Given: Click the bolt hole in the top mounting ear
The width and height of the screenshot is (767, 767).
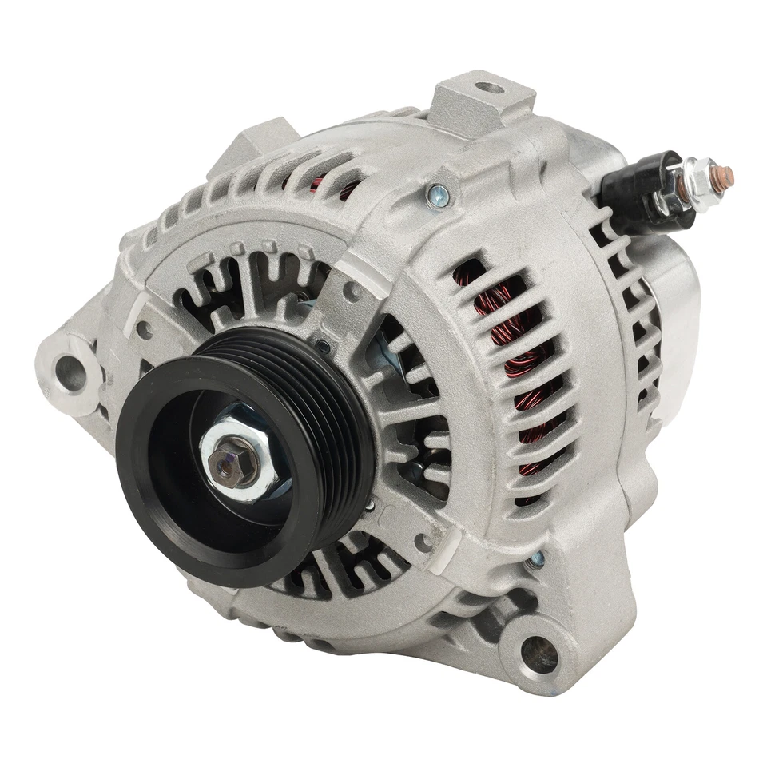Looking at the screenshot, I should pyautogui.click(x=490, y=87).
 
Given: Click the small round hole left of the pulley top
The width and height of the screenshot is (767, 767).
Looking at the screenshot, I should pyautogui.click(x=145, y=330).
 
